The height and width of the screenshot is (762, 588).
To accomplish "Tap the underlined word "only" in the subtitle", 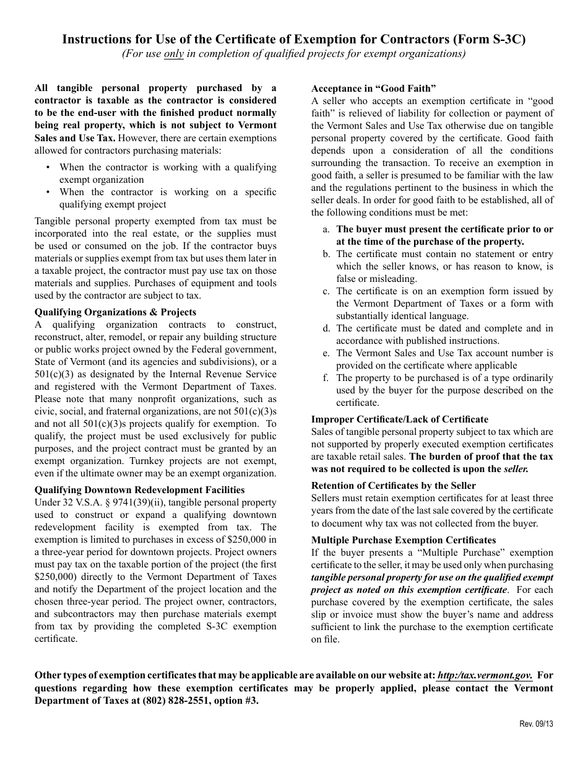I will click(173, 54).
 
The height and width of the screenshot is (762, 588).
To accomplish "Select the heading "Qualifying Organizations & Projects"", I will click(115, 312).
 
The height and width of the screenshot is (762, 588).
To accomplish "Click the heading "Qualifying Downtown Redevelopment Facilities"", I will click(139, 490).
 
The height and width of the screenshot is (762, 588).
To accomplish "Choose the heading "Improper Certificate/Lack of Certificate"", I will click(399, 419).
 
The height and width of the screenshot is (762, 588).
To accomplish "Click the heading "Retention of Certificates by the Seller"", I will click(393, 486).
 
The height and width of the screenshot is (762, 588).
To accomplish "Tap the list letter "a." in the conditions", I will click(326, 229).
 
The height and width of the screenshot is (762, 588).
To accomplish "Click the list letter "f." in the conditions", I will click(326, 378).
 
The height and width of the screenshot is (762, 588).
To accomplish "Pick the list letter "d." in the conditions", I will click(326, 328).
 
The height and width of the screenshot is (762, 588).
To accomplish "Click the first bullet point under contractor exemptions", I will click(49, 167).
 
